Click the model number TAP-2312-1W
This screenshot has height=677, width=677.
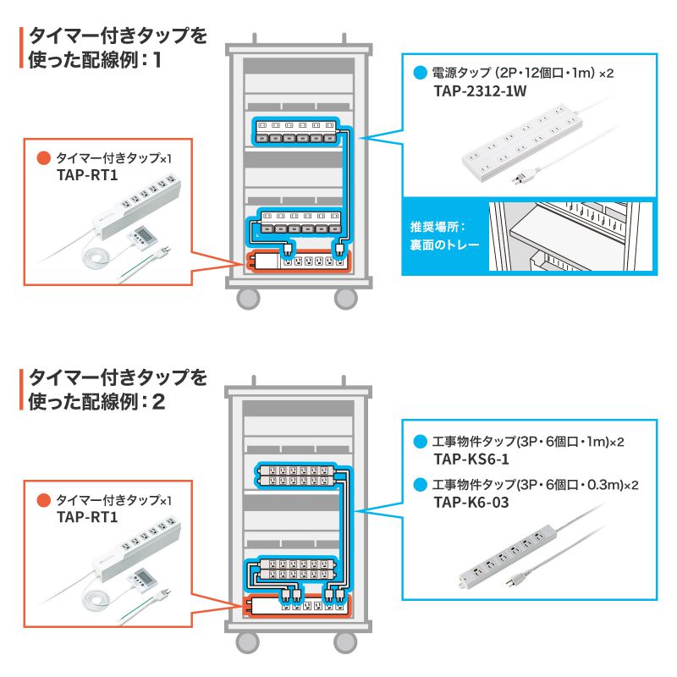(479, 91)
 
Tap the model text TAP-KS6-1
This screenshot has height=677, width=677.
(471, 459)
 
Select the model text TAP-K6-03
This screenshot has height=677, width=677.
(472, 502)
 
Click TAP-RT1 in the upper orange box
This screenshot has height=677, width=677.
(85, 175)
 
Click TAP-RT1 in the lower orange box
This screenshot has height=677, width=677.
(85, 517)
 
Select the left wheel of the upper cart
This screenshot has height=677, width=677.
(248, 298)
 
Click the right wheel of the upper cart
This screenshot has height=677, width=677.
(345, 298)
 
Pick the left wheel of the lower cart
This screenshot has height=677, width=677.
(248, 641)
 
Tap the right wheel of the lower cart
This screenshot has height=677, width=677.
(345, 641)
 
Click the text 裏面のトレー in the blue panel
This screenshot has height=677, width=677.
(444, 246)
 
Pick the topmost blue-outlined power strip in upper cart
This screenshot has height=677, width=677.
(297, 132)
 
